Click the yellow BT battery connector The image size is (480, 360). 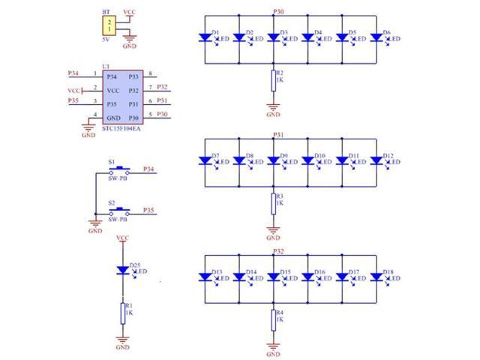109,25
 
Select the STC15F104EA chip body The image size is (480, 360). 123,97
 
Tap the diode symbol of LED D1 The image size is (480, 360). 205,37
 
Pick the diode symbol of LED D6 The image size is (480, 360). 376,37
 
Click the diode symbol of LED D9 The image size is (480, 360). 273,160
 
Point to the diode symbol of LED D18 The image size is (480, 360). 376,277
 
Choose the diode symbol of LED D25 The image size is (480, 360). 123,270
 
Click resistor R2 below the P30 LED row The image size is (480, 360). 273,81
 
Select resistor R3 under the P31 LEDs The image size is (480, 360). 273,204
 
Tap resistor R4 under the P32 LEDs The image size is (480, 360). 273,320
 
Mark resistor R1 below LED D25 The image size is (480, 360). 123,313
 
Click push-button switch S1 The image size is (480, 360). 119,171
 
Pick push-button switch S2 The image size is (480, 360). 119,212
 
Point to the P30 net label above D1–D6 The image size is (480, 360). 278,12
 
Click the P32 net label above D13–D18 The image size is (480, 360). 278,251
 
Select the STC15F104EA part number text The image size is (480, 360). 121,128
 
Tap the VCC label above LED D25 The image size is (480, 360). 123,238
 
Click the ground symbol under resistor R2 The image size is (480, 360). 273,107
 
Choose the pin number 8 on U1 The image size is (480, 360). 150,73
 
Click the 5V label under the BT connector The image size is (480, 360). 106,40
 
